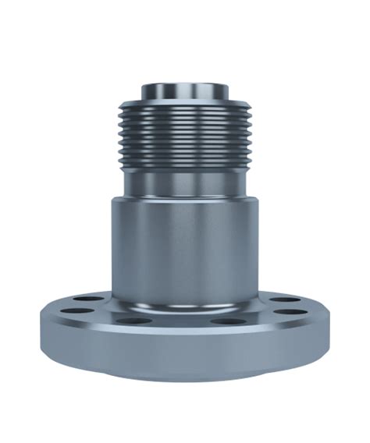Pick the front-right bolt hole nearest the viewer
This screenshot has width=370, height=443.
pyautogui.click(x=225, y=321)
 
